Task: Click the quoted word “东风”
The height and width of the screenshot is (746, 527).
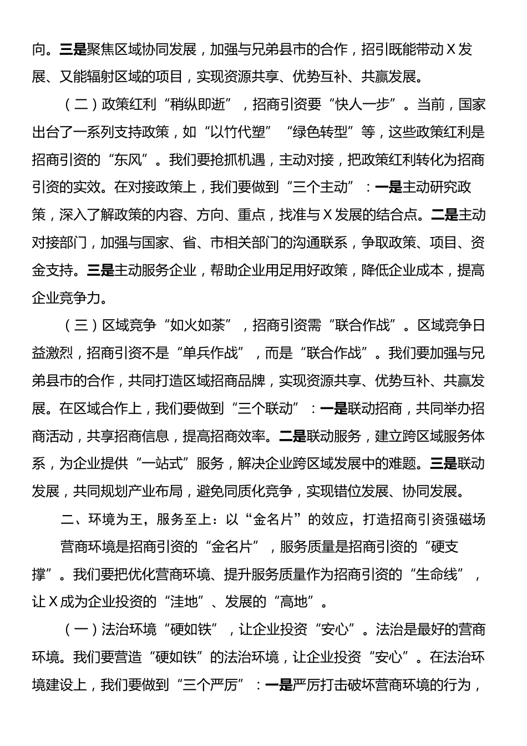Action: click(x=128, y=160)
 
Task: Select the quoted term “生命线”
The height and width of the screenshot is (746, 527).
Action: click(x=439, y=574)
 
